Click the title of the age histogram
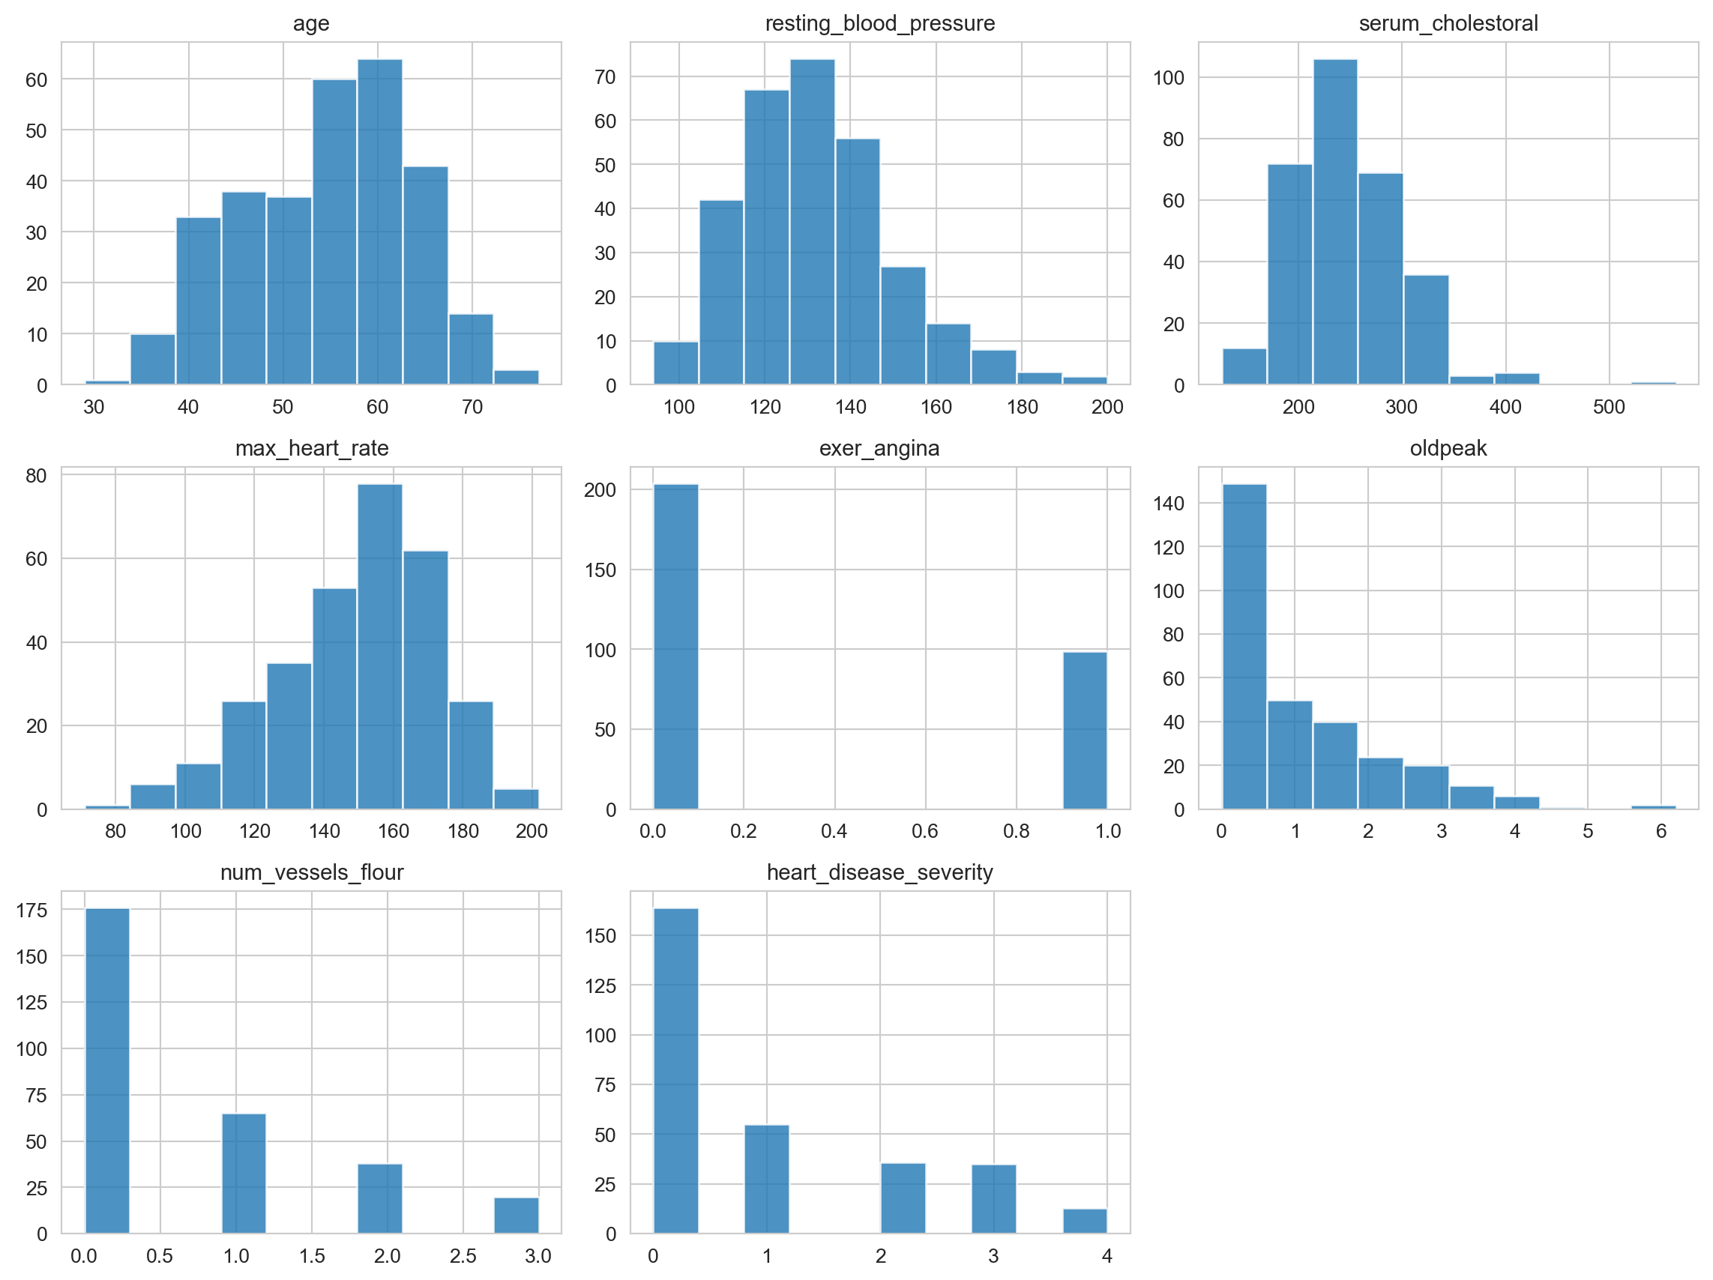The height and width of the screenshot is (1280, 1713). coord(310,23)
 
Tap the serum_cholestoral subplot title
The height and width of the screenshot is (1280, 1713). coord(1448,23)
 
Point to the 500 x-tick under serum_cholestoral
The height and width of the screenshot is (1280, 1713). coord(1609,408)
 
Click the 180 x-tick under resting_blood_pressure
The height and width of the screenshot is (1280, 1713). coord(1022,408)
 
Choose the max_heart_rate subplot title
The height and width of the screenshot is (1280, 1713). coord(311,448)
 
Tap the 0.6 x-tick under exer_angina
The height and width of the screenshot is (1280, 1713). coord(924,832)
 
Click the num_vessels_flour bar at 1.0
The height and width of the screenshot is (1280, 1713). coord(243,1173)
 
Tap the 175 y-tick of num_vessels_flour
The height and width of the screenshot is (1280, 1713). coord(31,910)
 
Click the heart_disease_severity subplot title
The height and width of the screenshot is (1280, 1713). coord(879,872)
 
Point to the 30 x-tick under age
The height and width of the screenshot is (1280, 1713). coord(94,408)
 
